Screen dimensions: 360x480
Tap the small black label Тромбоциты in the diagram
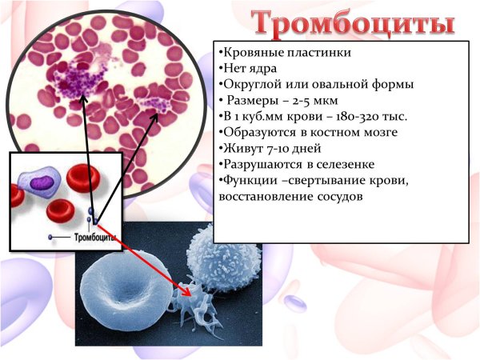click(x=94, y=238)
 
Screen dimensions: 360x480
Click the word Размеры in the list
click(x=252, y=100)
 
